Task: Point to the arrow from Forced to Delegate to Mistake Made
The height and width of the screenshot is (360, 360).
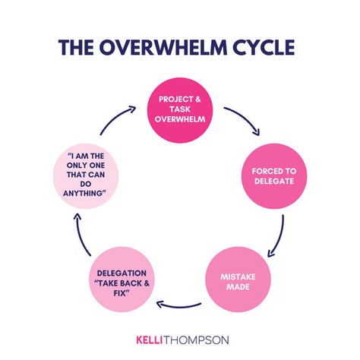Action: [279, 233]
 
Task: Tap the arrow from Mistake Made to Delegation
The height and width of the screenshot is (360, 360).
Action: [180, 305]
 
